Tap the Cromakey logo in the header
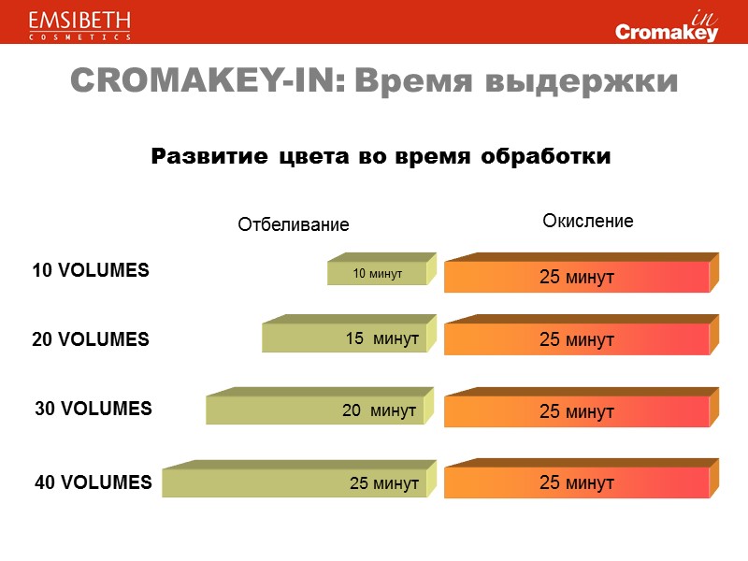tap(667, 28)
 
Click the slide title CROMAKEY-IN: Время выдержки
tap(374, 82)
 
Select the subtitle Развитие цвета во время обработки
tap(381, 157)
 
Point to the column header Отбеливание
tap(293, 224)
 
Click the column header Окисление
tap(588, 222)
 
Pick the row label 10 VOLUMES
tap(91, 270)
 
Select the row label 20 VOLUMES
tap(91, 339)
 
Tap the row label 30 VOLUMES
tap(93, 409)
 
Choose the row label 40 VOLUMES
tap(93, 482)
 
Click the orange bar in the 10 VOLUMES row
tap(576, 277)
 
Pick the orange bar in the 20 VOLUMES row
tap(576, 339)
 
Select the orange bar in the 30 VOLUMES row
tap(576, 410)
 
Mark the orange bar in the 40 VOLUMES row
tap(576, 482)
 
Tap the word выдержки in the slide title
tap(580, 82)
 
